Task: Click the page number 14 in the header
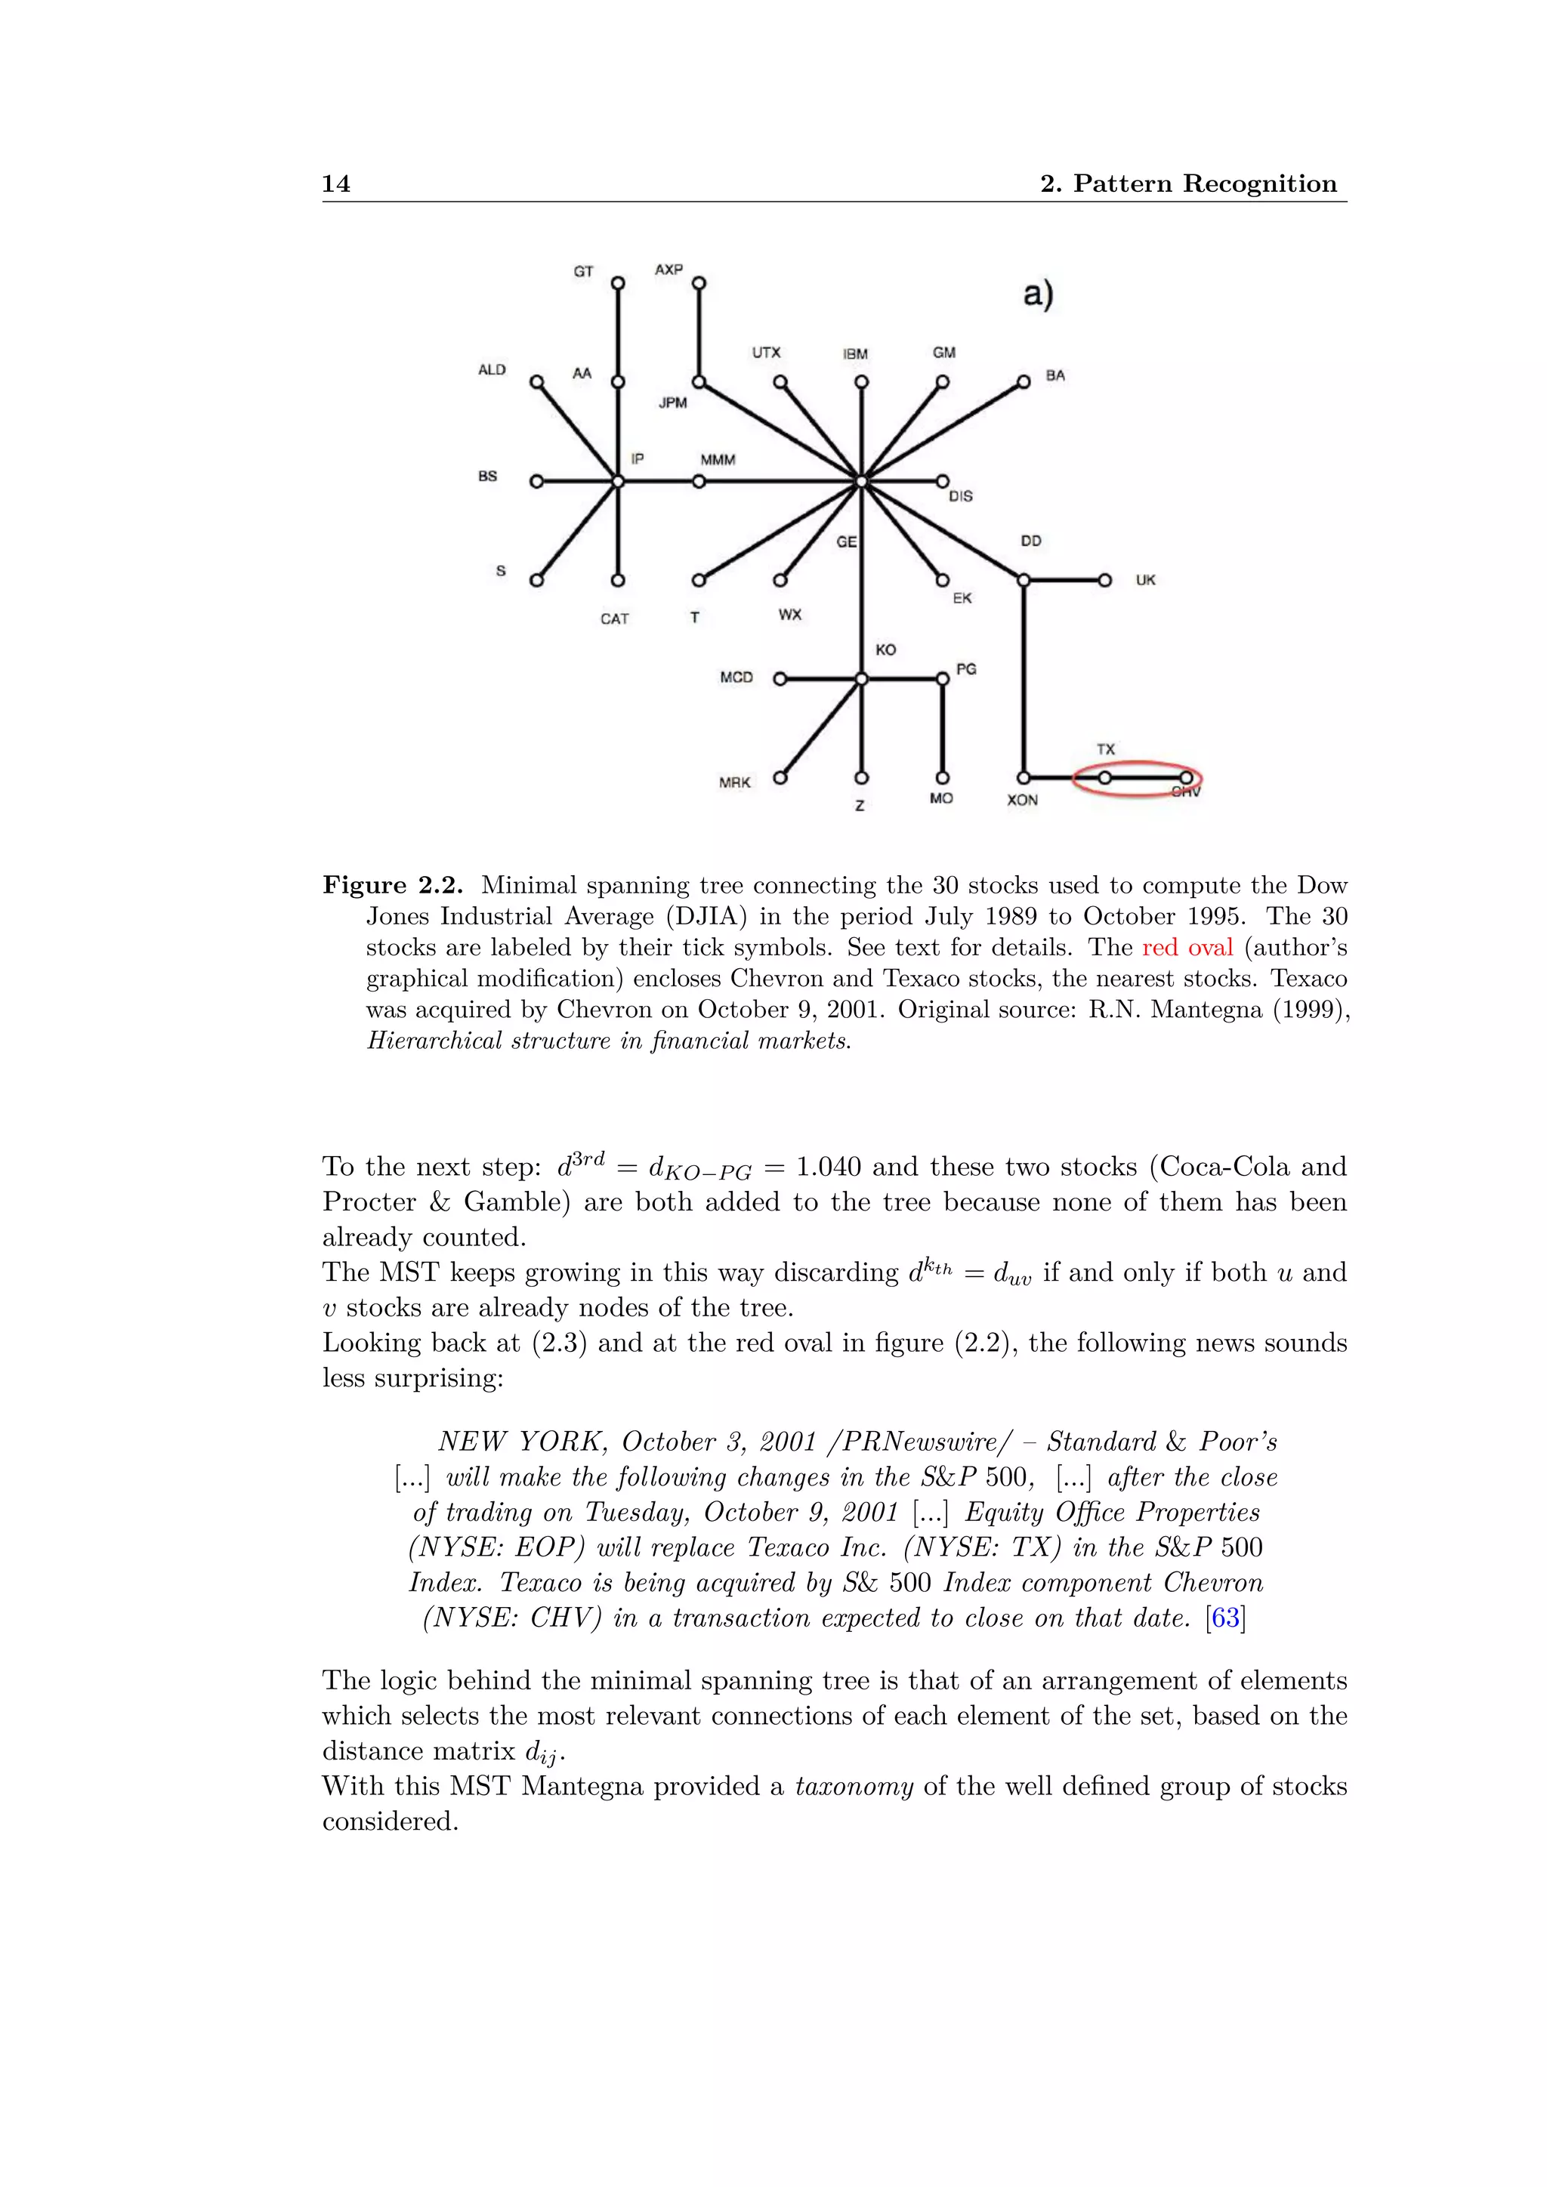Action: pyautogui.click(x=335, y=184)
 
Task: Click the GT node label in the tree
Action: pyautogui.click(x=583, y=271)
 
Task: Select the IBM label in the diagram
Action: pyautogui.click(x=854, y=353)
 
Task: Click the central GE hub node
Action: pyautogui.click(x=861, y=482)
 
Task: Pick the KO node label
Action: pyautogui.click(x=885, y=649)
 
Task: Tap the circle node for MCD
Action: pyautogui.click(x=780, y=679)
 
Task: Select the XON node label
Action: pyautogui.click(x=1022, y=800)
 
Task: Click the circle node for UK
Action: pyautogui.click(x=1104, y=580)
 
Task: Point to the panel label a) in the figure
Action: pyautogui.click(x=1037, y=295)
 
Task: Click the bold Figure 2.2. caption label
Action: pyautogui.click(x=393, y=885)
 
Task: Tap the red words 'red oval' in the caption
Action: pyautogui.click(x=1187, y=948)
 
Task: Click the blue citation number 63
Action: pyautogui.click(x=1225, y=1618)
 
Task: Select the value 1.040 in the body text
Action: pyautogui.click(x=828, y=1167)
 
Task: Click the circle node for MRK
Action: pyautogui.click(x=780, y=777)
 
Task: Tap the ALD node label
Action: pyautogui.click(x=492, y=369)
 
